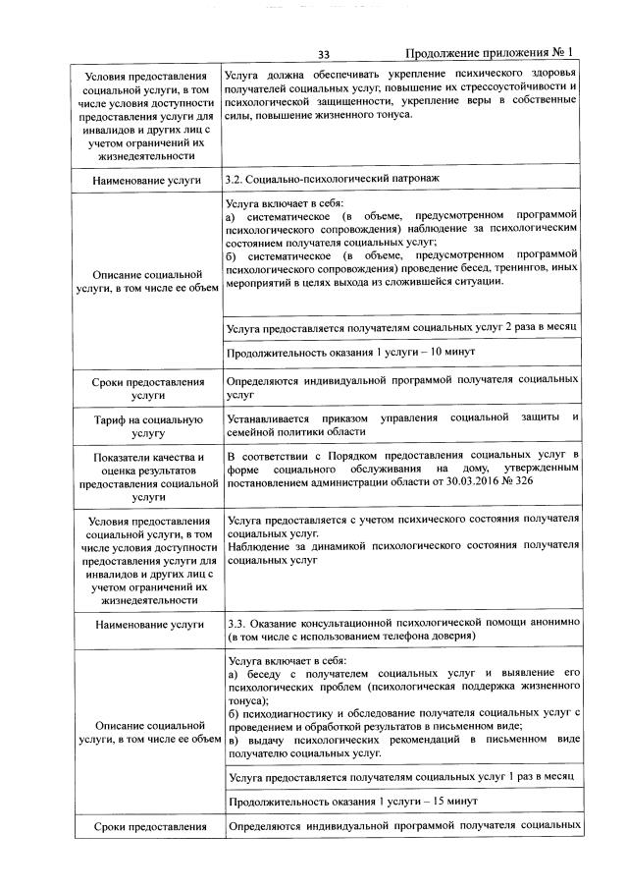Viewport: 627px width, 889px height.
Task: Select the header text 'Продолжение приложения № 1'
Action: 490,53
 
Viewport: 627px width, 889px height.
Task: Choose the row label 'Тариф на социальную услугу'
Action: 147,425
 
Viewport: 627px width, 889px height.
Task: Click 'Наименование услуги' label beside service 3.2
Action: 147,181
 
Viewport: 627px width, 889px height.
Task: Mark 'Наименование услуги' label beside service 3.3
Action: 147,625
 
